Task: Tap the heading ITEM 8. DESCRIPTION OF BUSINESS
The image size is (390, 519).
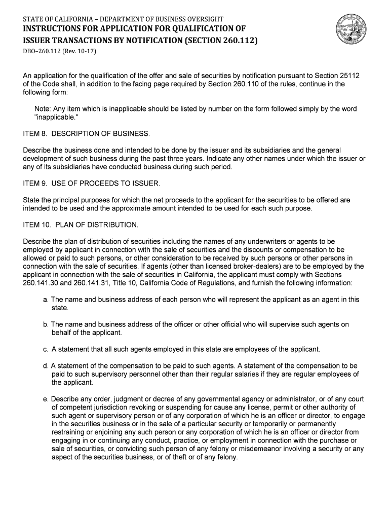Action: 87,133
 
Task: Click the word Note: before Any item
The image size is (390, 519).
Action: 43,109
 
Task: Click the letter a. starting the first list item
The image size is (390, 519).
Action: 46,300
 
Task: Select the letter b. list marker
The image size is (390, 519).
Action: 46,324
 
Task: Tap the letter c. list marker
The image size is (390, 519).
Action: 46,349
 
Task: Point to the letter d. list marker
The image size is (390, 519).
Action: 46,365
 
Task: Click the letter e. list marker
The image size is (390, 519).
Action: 46,399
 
